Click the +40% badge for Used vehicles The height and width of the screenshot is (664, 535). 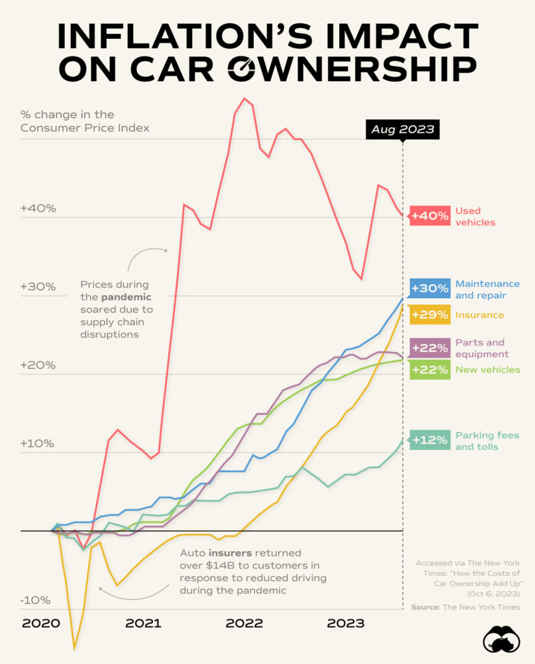(x=430, y=216)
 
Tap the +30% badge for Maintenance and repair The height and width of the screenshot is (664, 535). (x=430, y=289)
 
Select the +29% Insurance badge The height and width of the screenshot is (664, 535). (x=430, y=315)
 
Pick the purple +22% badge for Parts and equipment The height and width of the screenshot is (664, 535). (x=430, y=348)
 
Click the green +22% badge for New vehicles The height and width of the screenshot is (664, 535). (x=430, y=370)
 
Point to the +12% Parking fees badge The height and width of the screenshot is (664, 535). (x=430, y=440)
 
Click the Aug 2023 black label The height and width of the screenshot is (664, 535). (x=402, y=130)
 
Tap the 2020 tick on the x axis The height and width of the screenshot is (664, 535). (x=40, y=623)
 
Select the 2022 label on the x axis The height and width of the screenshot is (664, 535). (x=244, y=623)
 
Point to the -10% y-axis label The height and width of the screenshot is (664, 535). (x=33, y=600)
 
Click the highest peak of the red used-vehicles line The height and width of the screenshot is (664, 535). (x=244, y=99)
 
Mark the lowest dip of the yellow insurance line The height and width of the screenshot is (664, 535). (x=75, y=647)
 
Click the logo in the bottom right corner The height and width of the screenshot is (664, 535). (x=501, y=639)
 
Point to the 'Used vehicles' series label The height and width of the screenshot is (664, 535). (x=475, y=216)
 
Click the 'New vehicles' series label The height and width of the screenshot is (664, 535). (x=488, y=370)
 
